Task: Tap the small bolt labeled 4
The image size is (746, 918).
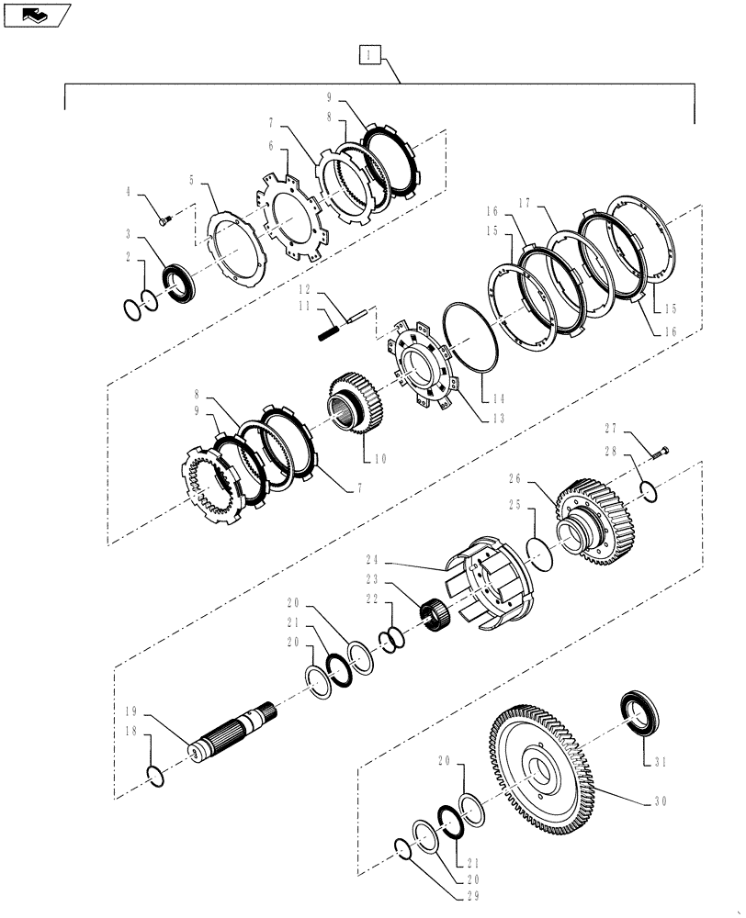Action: click(x=164, y=218)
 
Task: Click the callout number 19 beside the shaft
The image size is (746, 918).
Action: click(x=132, y=711)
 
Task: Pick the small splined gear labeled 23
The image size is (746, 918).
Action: click(x=434, y=613)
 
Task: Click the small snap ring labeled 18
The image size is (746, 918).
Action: click(x=156, y=776)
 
